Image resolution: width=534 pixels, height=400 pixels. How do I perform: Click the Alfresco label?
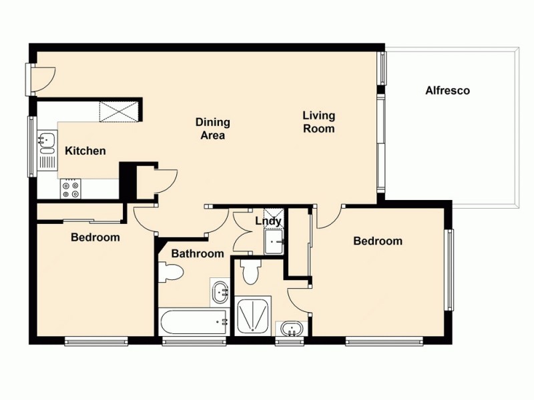click(448, 91)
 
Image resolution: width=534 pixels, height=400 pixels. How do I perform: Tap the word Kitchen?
click(85, 151)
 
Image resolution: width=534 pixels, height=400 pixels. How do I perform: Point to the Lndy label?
click(268, 221)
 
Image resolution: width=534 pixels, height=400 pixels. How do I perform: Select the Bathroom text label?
click(197, 253)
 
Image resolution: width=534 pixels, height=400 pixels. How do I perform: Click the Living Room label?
click(318, 122)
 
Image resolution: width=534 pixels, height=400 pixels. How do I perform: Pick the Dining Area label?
click(213, 129)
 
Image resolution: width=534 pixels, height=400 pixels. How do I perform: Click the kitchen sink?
click(47, 141)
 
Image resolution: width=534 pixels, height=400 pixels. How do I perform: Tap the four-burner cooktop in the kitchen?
click(70, 189)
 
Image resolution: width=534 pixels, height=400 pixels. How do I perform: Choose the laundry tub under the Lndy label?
click(274, 241)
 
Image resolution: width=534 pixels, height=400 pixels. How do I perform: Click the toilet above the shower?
click(251, 271)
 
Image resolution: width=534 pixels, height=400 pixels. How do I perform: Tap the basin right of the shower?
click(292, 328)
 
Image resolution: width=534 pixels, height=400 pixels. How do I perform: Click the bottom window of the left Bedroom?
click(96, 341)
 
